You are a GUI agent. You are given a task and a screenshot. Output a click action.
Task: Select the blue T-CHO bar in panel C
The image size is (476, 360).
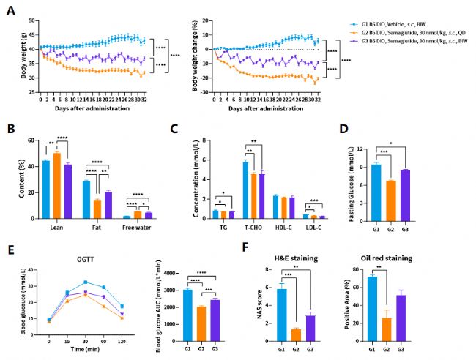pos(245,190)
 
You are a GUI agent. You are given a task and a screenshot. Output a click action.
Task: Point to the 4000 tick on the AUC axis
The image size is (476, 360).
pos(174,273)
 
